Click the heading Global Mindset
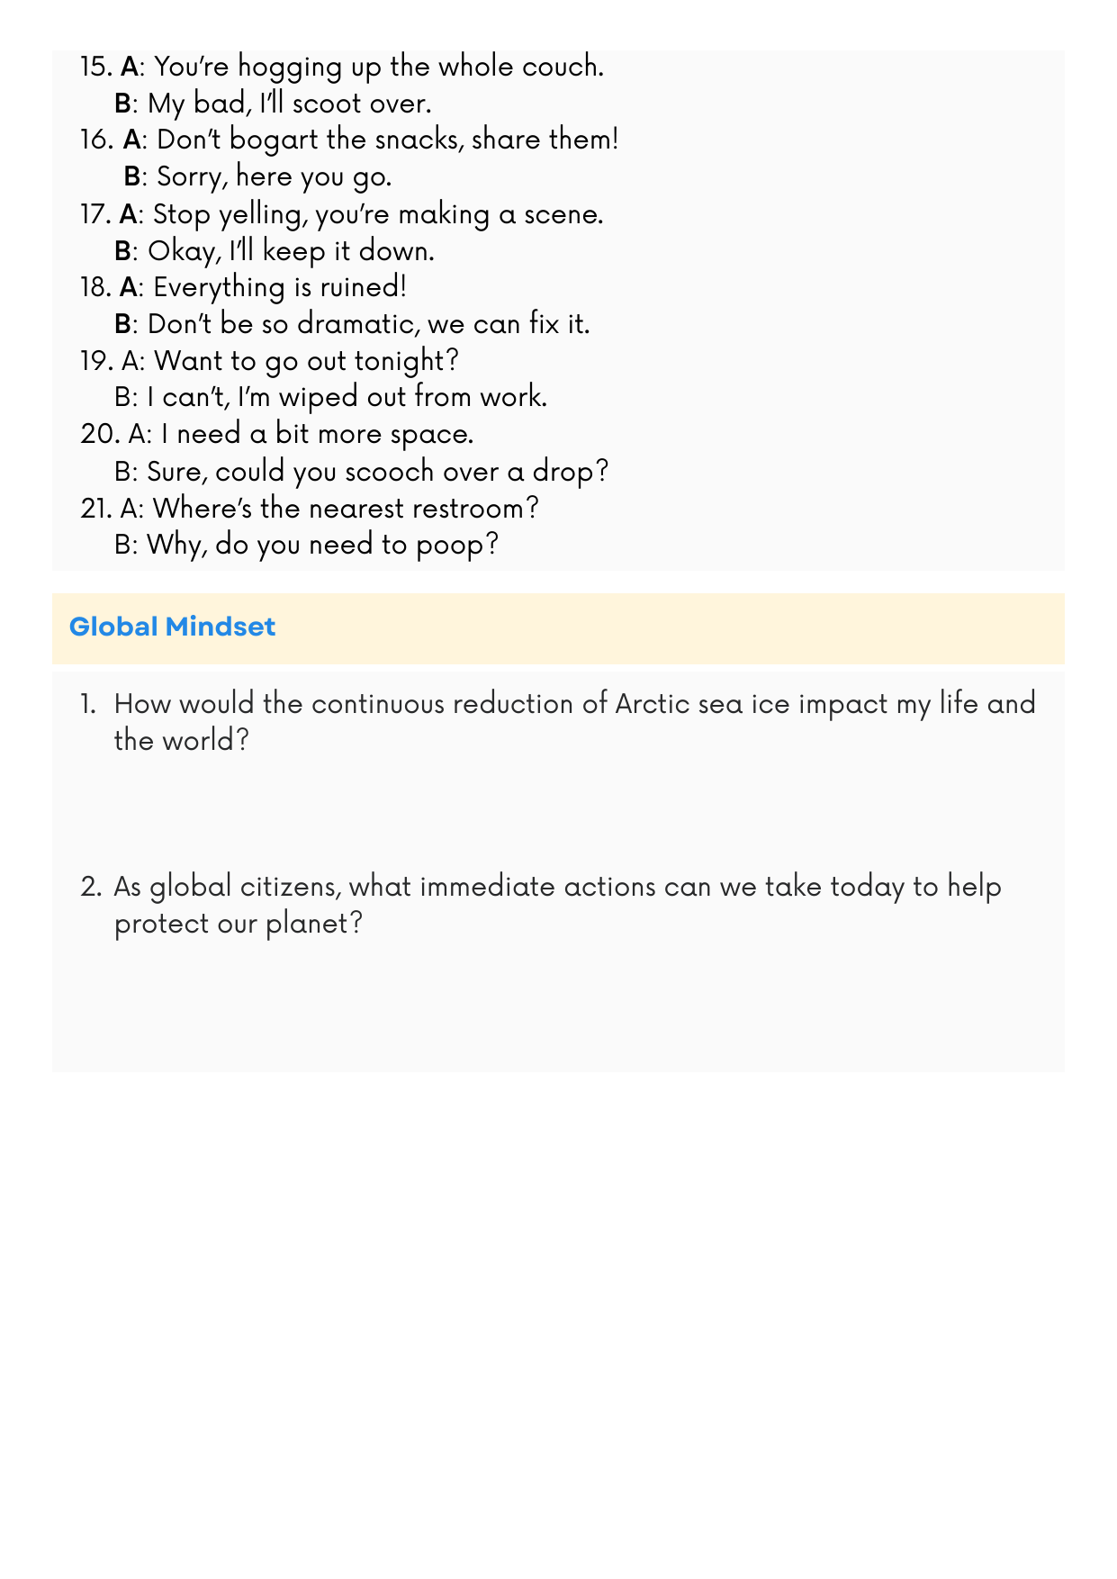pyautogui.click(x=172, y=627)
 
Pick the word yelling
pyautogui.click(x=262, y=215)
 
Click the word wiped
pyautogui.click(x=319, y=397)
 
